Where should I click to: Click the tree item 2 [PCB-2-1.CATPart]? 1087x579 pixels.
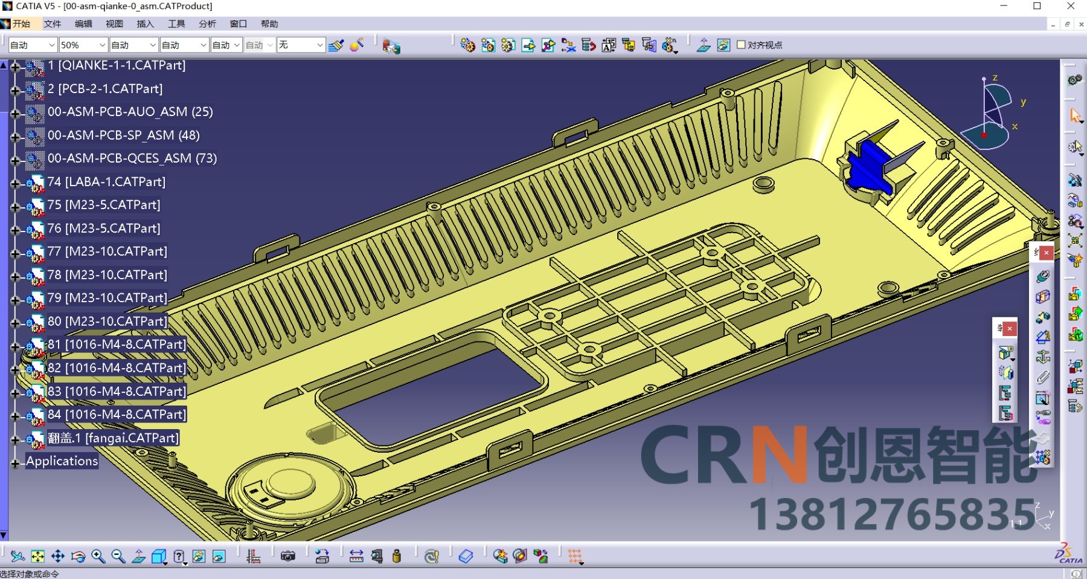click(x=105, y=89)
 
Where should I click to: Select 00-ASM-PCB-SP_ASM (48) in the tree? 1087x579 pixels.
click(x=123, y=135)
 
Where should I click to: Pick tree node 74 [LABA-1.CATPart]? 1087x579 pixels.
click(x=106, y=182)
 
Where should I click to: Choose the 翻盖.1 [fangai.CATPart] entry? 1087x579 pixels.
click(x=113, y=438)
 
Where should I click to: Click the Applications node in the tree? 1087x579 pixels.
click(x=62, y=461)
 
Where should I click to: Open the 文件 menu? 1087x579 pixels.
click(x=53, y=24)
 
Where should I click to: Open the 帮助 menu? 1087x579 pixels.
click(x=269, y=24)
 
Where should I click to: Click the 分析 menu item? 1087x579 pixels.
click(x=207, y=24)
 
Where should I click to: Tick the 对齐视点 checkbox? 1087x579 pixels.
click(x=741, y=45)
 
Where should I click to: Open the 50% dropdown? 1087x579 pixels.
click(x=83, y=45)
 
